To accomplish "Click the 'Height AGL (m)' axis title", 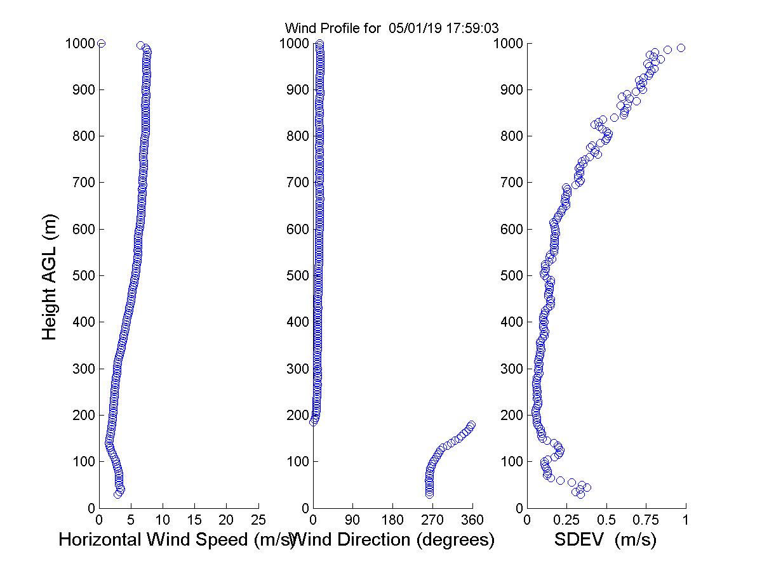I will (50, 277).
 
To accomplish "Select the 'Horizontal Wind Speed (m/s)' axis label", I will (176, 540).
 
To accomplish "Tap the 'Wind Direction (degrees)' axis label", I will (394, 540).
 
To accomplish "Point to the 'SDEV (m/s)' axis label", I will (605, 540).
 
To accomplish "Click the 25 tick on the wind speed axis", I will (258, 520).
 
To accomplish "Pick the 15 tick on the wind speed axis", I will (195, 520).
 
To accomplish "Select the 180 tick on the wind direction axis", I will (392, 520).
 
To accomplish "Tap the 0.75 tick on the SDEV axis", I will (646, 520).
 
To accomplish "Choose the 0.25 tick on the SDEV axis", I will (566, 520).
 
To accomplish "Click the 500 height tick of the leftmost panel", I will (81, 276).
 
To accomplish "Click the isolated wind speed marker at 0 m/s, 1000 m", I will (101, 43).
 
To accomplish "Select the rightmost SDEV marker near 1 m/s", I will (681, 48).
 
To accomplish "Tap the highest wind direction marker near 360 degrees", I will (471, 425).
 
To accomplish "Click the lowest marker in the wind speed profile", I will (117, 494).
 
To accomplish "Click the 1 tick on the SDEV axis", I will (686, 520).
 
